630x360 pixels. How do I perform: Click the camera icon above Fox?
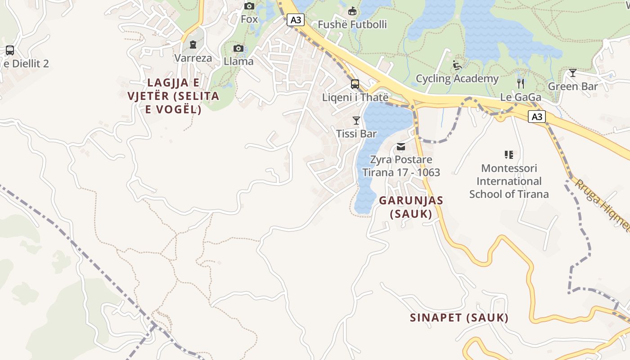[249, 6]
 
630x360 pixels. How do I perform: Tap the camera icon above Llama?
[238, 49]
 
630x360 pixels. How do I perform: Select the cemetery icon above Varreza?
[193, 45]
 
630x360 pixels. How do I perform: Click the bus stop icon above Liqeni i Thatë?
[355, 84]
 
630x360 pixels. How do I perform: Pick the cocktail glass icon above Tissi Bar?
[356, 121]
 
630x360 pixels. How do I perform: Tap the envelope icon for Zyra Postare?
[401, 147]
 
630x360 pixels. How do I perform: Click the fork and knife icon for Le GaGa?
[521, 84]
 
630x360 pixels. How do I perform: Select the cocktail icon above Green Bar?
[572, 73]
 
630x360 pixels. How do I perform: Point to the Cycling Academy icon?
[457, 65]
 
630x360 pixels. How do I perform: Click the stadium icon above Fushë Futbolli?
[352, 11]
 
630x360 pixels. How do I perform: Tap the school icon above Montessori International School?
[509, 155]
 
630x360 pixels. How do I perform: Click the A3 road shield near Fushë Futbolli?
[296, 20]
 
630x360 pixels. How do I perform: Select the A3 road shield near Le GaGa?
[537, 117]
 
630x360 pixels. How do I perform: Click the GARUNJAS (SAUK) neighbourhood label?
[411, 207]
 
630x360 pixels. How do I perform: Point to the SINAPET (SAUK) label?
[459, 318]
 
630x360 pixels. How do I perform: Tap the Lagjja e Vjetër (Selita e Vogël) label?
[173, 96]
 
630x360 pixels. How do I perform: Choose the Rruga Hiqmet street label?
[603, 205]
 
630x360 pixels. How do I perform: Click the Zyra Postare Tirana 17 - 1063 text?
[401, 166]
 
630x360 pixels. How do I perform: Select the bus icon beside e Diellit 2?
[10, 50]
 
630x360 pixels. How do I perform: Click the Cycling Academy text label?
[457, 79]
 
